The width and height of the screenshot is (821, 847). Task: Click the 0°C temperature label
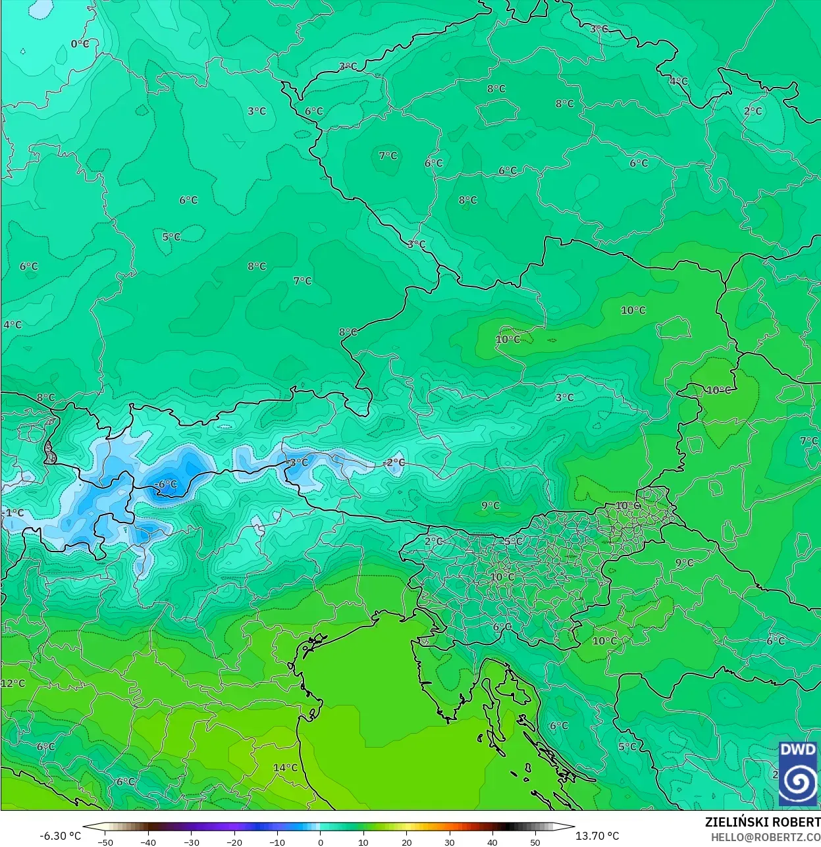click(x=80, y=43)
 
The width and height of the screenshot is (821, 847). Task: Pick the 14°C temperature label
click(x=285, y=767)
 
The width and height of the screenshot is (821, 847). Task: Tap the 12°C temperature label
click(x=13, y=683)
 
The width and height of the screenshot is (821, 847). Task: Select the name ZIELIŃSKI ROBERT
click(x=762, y=822)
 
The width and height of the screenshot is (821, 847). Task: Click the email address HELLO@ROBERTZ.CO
click(x=765, y=836)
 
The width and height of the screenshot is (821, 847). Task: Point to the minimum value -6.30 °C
click(x=61, y=836)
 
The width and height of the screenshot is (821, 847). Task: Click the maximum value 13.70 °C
click(x=597, y=836)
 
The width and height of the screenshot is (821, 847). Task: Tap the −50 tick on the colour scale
click(x=105, y=842)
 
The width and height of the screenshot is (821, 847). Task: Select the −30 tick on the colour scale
click(x=191, y=842)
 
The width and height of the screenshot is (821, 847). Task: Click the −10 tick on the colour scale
click(x=277, y=842)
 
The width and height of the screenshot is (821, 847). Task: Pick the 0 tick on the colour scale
click(x=321, y=842)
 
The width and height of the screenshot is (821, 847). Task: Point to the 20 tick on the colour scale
click(x=406, y=842)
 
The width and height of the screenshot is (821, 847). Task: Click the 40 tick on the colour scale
click(x=492, y=842)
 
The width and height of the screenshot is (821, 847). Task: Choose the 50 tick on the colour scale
click(x=535, y=842)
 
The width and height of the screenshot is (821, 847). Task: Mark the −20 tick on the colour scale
click(x=234, y=842)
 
